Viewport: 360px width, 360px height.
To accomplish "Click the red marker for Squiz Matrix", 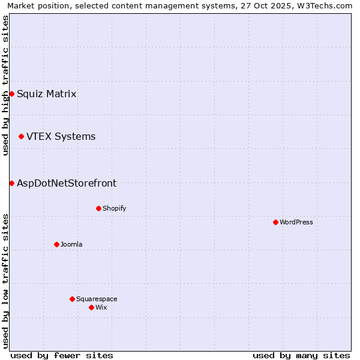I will [11, 94].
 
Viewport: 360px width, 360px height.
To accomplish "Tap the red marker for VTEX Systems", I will [21, 136].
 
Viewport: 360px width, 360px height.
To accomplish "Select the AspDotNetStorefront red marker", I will [11, 183].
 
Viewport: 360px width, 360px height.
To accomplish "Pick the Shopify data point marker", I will [98, 208].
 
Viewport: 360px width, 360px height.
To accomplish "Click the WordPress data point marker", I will [275, 222].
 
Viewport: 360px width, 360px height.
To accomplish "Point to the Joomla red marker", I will [56, 244].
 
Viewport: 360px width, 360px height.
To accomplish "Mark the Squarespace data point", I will [72, 299].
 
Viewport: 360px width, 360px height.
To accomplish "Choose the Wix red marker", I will [91, 307].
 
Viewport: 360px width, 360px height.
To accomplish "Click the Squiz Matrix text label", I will [46, 94].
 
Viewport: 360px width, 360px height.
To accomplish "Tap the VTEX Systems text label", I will [61, 136].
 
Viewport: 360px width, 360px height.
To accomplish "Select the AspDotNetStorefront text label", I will [67, 183].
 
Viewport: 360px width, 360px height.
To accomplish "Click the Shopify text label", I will [114, 208].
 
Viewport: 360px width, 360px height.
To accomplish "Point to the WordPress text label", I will [296, 222].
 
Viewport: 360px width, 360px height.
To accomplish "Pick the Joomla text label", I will [71, 244].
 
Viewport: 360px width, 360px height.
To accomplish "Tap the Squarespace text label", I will [97, 299].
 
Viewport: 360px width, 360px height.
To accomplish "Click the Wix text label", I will [101, 307].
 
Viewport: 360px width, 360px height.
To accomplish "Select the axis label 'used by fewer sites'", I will [62, 355].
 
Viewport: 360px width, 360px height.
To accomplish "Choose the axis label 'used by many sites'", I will [301, 355].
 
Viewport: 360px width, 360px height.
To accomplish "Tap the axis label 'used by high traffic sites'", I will [5, 85].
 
